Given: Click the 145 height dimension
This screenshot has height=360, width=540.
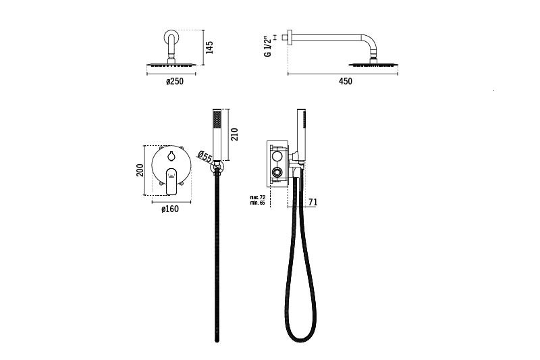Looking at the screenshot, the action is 209,47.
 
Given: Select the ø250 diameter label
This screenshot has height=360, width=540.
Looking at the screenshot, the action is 175,81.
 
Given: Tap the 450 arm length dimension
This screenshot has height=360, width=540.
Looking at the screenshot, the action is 346,81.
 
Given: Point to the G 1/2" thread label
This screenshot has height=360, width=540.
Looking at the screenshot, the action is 267,46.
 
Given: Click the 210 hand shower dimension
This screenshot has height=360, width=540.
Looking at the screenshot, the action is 234,134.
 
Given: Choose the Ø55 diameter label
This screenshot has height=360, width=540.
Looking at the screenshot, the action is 205,157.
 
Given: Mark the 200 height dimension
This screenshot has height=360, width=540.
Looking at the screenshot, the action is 140,170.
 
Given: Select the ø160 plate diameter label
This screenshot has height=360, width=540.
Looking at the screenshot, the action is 170,209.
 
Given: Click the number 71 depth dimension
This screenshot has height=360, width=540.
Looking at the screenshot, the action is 313,202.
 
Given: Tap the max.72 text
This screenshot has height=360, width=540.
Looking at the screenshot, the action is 258,197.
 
